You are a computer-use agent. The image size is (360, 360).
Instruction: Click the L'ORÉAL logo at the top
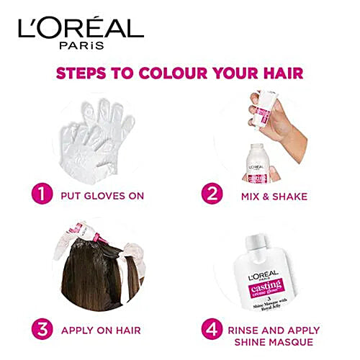coord(81,27)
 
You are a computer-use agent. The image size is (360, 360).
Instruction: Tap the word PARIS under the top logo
coord(81,45)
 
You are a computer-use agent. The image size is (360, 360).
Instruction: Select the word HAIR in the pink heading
coord(283,74)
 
